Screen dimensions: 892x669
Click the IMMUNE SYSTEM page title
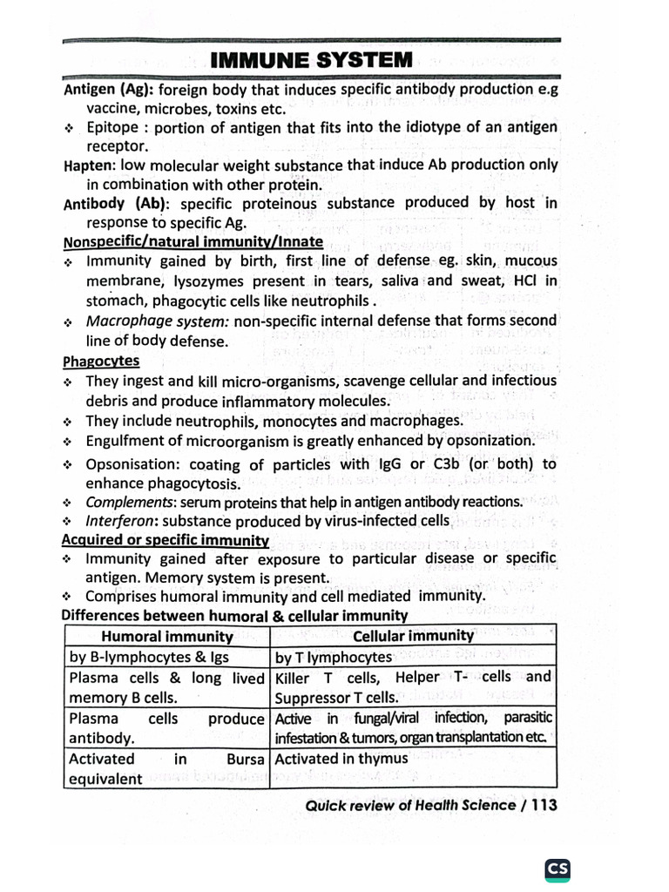tap(311, 60)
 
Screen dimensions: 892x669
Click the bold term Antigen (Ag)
tap(109, 90)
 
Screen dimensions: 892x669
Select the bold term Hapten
tap(90, 165)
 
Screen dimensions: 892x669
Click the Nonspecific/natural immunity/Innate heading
tap(193, 241)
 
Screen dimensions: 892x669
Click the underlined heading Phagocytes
tap(101, 361)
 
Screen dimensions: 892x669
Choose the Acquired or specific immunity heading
tap(166, 540)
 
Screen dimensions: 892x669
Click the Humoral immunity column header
tap(165, 635)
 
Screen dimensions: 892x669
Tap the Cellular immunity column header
tap(413, 635)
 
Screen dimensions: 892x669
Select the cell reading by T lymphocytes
tap(334, 657)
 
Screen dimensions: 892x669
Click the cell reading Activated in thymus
tap(341, 759)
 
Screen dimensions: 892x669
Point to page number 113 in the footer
tap(543, 805)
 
